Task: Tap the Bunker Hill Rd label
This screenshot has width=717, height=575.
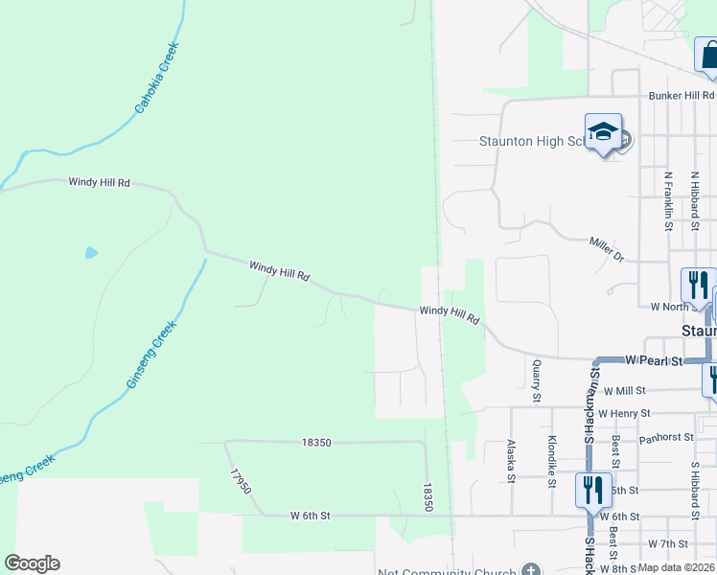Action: pos(682,96)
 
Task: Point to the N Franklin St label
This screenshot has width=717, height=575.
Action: pos(667,201)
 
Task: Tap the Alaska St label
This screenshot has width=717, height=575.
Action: pos(511,463)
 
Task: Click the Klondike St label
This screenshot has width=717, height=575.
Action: pos(552,462)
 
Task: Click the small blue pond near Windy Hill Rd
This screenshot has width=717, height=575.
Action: pos(91,253)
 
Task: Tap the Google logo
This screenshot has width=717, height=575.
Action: pos(32,563)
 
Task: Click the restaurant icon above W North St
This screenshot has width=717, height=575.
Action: pos(697,285)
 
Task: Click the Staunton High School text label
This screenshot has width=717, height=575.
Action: pos(530,142)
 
